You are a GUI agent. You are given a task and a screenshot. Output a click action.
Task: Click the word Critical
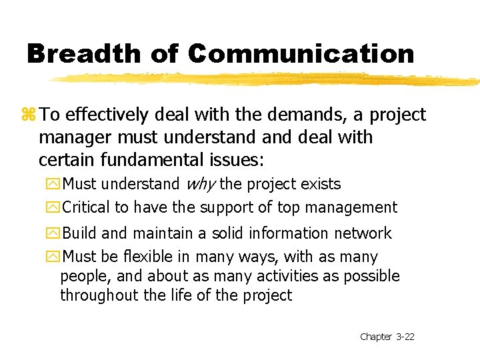tap(86, 207)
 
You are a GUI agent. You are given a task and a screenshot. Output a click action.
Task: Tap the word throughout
tap(98, 295)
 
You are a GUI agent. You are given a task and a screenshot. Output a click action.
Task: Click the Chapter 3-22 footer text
tap(387, 337)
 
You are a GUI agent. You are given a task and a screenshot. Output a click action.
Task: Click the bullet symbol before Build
tap(53, 234)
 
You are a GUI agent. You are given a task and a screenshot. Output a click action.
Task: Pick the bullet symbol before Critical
tap(53, 208)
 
